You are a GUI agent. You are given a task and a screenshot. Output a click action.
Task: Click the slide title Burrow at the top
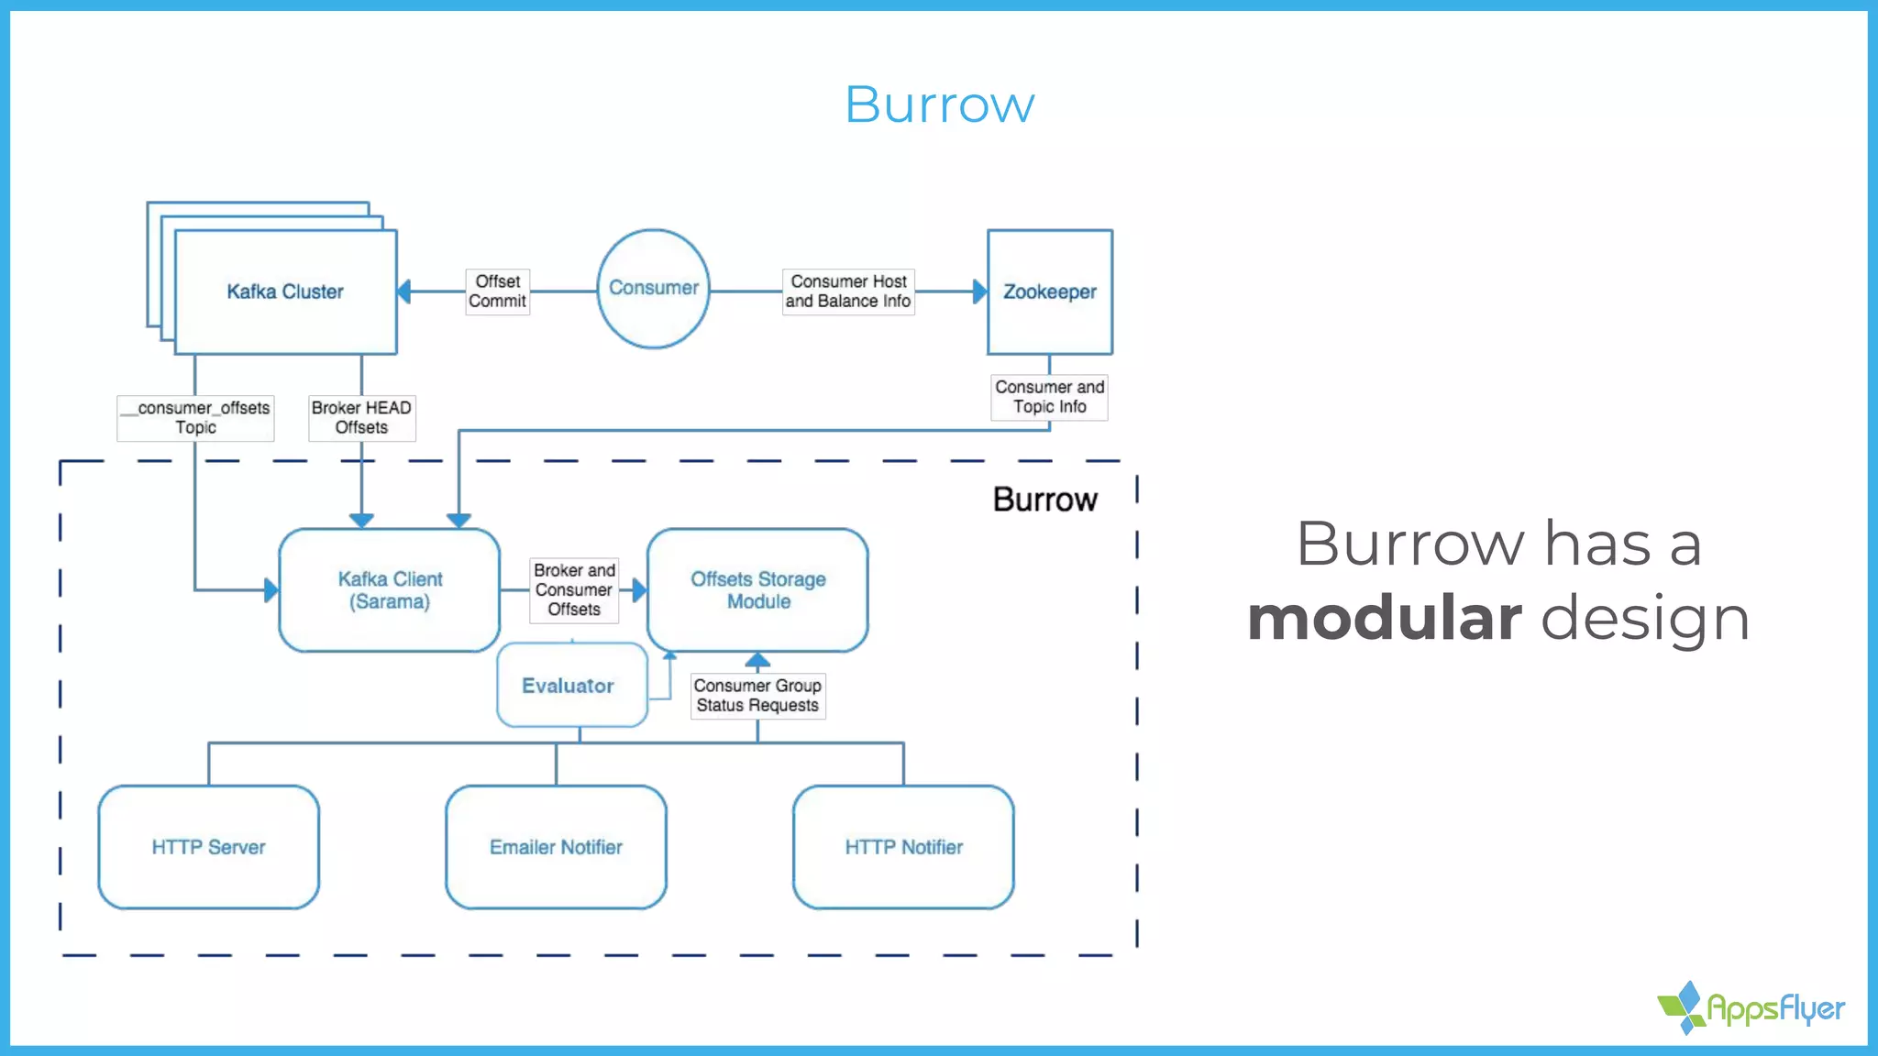point(939,104)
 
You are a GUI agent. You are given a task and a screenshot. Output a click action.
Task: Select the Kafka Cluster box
point(285,291)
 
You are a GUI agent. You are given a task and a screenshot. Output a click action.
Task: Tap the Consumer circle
point(653,288)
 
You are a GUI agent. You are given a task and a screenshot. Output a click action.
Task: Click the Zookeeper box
point(1049,291)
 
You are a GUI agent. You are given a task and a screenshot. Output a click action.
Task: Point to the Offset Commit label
point(497,291)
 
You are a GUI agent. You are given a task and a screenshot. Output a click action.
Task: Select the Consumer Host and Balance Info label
point(848,291)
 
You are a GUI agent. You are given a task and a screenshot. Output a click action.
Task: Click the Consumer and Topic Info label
point(1049,397)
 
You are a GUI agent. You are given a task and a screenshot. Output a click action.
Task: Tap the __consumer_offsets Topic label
point(195,417)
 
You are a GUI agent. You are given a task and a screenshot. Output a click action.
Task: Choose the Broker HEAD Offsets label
point(361,417)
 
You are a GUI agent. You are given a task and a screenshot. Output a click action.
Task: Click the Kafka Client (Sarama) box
point(390,589)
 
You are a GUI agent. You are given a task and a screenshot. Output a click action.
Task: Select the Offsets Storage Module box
point(757,589)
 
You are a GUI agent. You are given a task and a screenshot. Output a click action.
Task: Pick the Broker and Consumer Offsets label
point(574,589)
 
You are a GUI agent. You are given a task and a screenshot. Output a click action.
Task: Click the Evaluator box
point(569,686)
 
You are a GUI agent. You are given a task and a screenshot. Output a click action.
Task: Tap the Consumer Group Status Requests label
point(757,696)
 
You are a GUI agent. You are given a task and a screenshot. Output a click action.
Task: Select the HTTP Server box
point(208,847)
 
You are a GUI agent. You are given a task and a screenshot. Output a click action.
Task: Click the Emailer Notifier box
point(556,847)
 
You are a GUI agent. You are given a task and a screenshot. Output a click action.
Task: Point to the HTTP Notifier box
point(903,847)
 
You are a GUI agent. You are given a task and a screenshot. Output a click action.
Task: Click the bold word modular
point(1385,619)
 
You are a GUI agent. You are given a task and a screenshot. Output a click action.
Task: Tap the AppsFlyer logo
point(1751,1007)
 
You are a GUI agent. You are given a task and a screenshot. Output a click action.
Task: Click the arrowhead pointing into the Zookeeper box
point(979,291)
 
